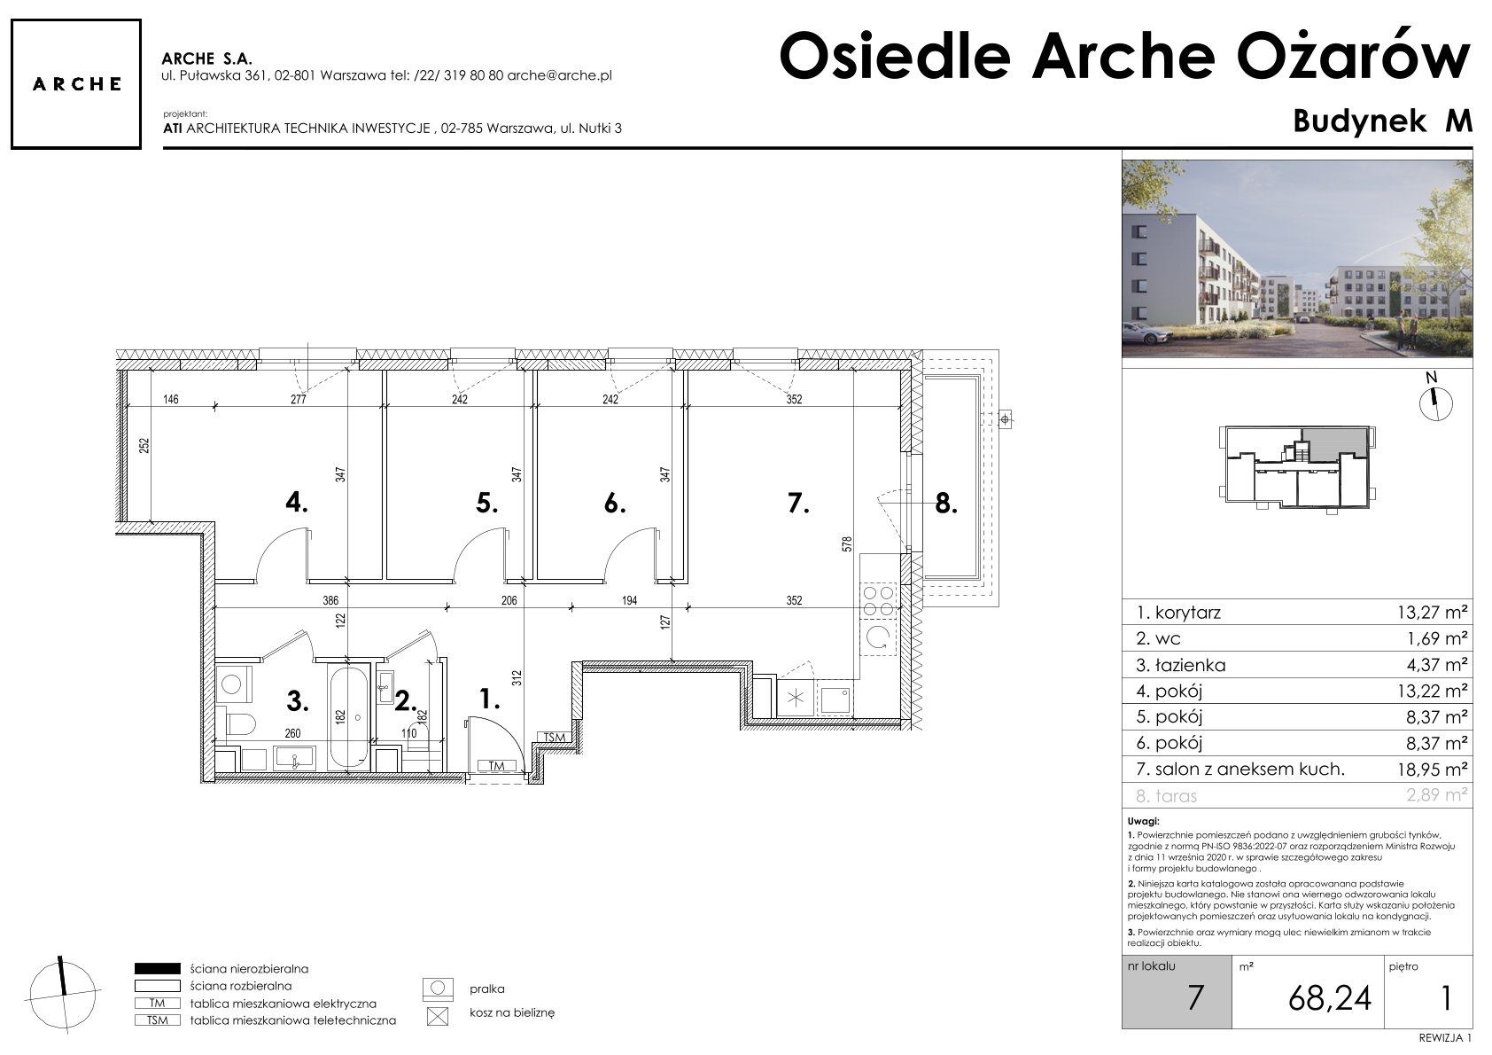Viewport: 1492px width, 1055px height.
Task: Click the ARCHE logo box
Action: (x=76, y=84)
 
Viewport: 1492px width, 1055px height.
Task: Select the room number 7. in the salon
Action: (x=798, y=504)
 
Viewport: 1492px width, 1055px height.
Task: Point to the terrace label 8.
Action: (x=946, y=504)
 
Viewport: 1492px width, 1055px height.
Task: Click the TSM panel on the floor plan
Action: (x=554, y=738)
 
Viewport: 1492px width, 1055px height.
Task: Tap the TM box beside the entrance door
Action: (x=496, y=766)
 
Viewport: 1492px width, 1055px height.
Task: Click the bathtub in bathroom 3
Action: (x=347, y=716)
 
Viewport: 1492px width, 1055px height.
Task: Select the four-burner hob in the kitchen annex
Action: (x=879, y=600)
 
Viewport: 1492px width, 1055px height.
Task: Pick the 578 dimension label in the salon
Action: (x=847, y=544)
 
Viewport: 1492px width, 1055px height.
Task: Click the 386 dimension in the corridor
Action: (x=331, y=600)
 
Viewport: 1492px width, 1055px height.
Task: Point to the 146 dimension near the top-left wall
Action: (x=171, y=399)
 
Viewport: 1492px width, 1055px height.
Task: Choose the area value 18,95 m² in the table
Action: (x=1432, y=770)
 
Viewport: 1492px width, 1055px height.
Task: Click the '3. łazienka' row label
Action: (x=1181, y=665)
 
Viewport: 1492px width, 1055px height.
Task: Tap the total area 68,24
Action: (x=1330, y=997)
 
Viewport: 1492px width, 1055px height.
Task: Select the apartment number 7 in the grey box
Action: (x=1195, y=997)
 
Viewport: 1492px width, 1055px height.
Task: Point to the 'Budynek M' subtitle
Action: (x=1382, y=121)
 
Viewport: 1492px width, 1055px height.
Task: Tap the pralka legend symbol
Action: (x=438, y=989)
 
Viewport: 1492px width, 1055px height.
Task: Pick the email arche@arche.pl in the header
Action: (x=560, y=75)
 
